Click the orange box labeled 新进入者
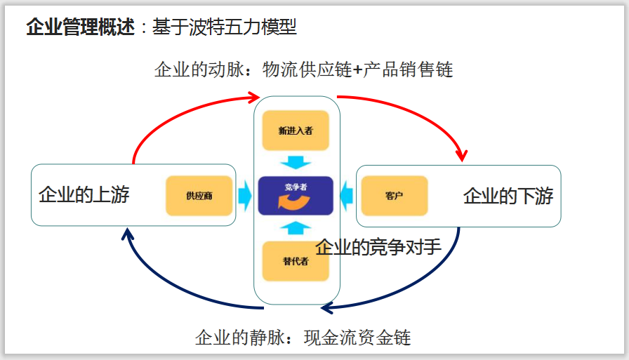296,131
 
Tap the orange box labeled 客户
395,195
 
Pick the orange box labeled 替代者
296,261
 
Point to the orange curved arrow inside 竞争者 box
295,203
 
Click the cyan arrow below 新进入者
296,162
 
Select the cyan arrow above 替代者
296,227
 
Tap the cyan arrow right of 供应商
244,195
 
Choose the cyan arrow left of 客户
346,195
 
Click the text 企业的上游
84,194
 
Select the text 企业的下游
508,196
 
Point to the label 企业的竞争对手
378,247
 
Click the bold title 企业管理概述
80,27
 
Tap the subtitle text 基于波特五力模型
225,27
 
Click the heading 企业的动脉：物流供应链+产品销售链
304,69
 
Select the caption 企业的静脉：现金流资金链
303,338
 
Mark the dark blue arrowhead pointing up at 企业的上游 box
127,233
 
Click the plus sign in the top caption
357,70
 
